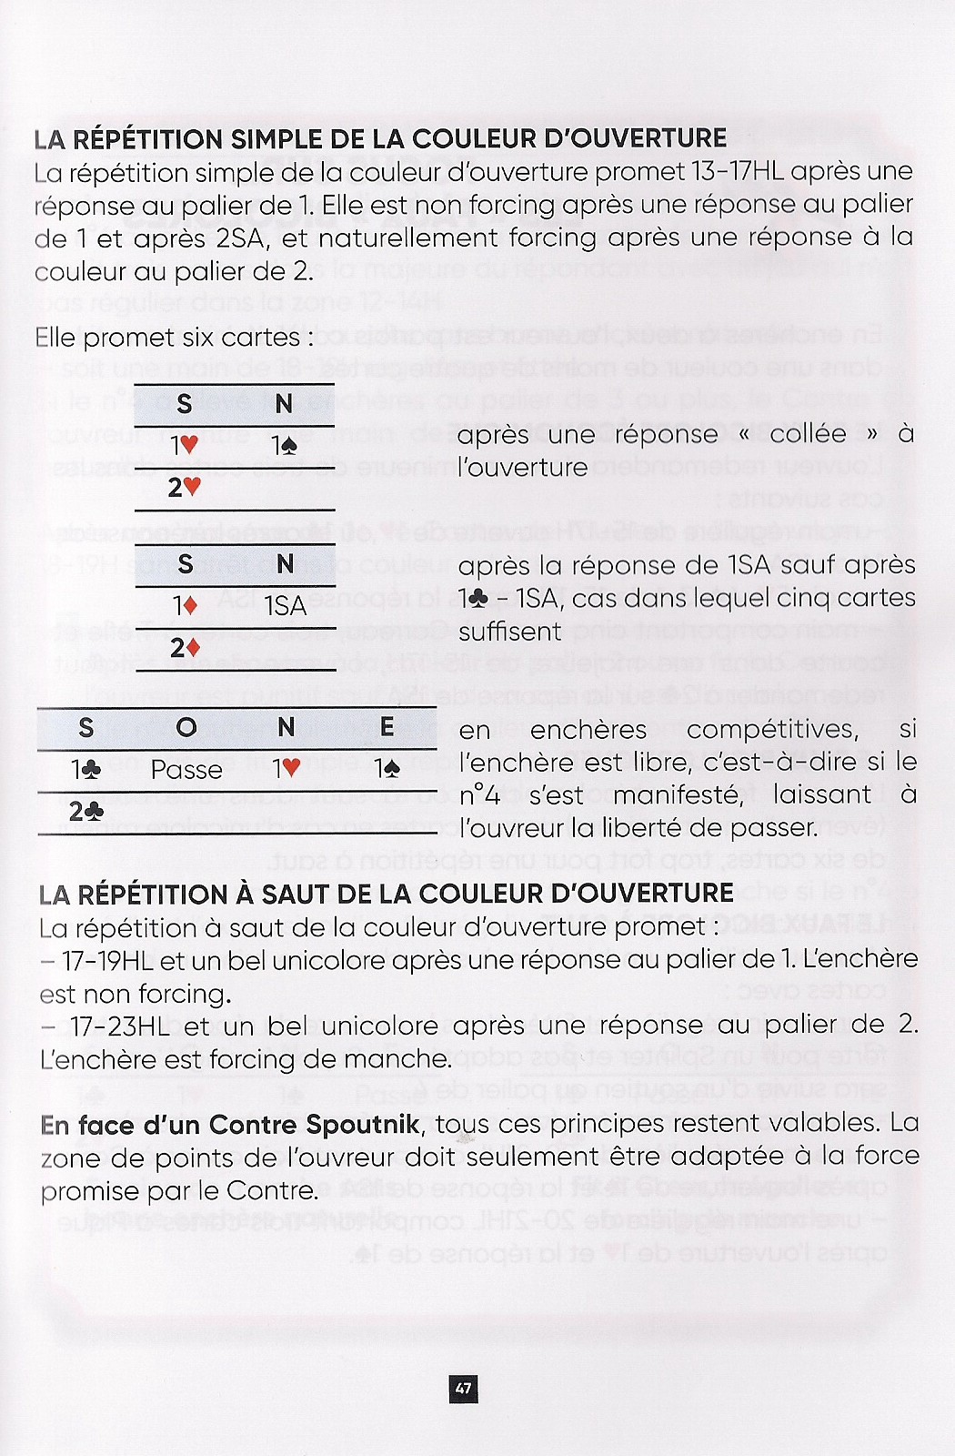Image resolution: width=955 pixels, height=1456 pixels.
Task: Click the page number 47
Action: [x=463, y=1388]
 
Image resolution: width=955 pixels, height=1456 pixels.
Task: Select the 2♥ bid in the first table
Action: [x=184, y=488]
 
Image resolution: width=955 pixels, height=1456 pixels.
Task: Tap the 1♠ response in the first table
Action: [x=285, y=447]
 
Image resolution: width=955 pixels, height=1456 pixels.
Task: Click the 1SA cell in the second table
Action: [x=286, y=606]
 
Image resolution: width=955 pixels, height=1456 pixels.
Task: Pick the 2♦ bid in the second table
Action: [x=185, y=648]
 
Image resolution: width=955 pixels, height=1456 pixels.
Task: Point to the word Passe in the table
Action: [x=186, y=770]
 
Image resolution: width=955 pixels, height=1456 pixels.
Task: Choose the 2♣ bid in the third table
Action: [x=86, y=810]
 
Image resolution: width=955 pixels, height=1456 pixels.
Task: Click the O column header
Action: [x=186, y=728]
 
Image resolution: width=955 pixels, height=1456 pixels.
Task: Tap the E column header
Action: [x=387, y=727]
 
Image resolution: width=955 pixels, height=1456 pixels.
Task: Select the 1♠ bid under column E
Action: [x=387, y=770]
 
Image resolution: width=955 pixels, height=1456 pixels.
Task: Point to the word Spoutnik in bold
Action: [x=363, y=1125]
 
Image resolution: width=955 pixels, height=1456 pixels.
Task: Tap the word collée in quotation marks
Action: [x=808, y=434]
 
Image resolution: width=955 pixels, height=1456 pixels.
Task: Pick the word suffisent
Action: [x=510, y=632]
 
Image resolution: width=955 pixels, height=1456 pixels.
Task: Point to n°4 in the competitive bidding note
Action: [x=480, y=795]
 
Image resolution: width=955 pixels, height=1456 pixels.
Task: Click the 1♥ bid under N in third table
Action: [x=286, y=770]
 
